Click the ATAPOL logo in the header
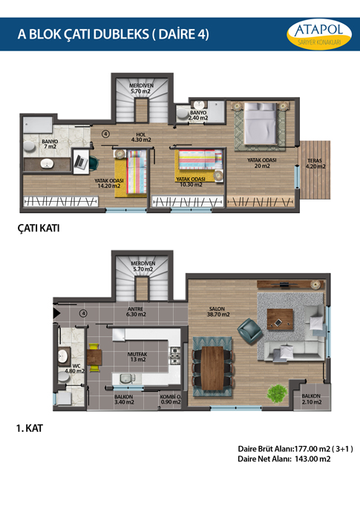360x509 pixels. click(x=319, y=34)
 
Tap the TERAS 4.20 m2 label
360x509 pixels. click(x=315, y=163)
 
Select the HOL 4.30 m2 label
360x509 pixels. click(x=141, y=137)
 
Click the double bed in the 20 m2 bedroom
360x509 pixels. click(x=261, y=124)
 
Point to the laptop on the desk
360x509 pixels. click(x=80, y=161)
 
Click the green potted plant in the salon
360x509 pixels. click(x=277, y=393)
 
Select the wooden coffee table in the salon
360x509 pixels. click(x=280, y=319)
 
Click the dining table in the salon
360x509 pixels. click(x=212, y=368)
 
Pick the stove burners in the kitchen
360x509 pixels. click(x=175, y=355)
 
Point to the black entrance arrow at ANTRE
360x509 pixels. click(x=57, y=313)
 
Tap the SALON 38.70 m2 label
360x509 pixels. click(x=218, y=312)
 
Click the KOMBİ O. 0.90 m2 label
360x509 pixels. click(x=171, y=399)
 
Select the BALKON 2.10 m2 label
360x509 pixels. click(x=311, y=399)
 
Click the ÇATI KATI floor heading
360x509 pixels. click(x=39, y=229)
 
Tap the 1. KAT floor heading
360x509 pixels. click(x=30, y=428)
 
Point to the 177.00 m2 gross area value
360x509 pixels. click(x=312, y=450)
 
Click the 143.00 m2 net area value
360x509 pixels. click(x=312, y=459)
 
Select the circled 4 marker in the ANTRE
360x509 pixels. click(x=84, y=313)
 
